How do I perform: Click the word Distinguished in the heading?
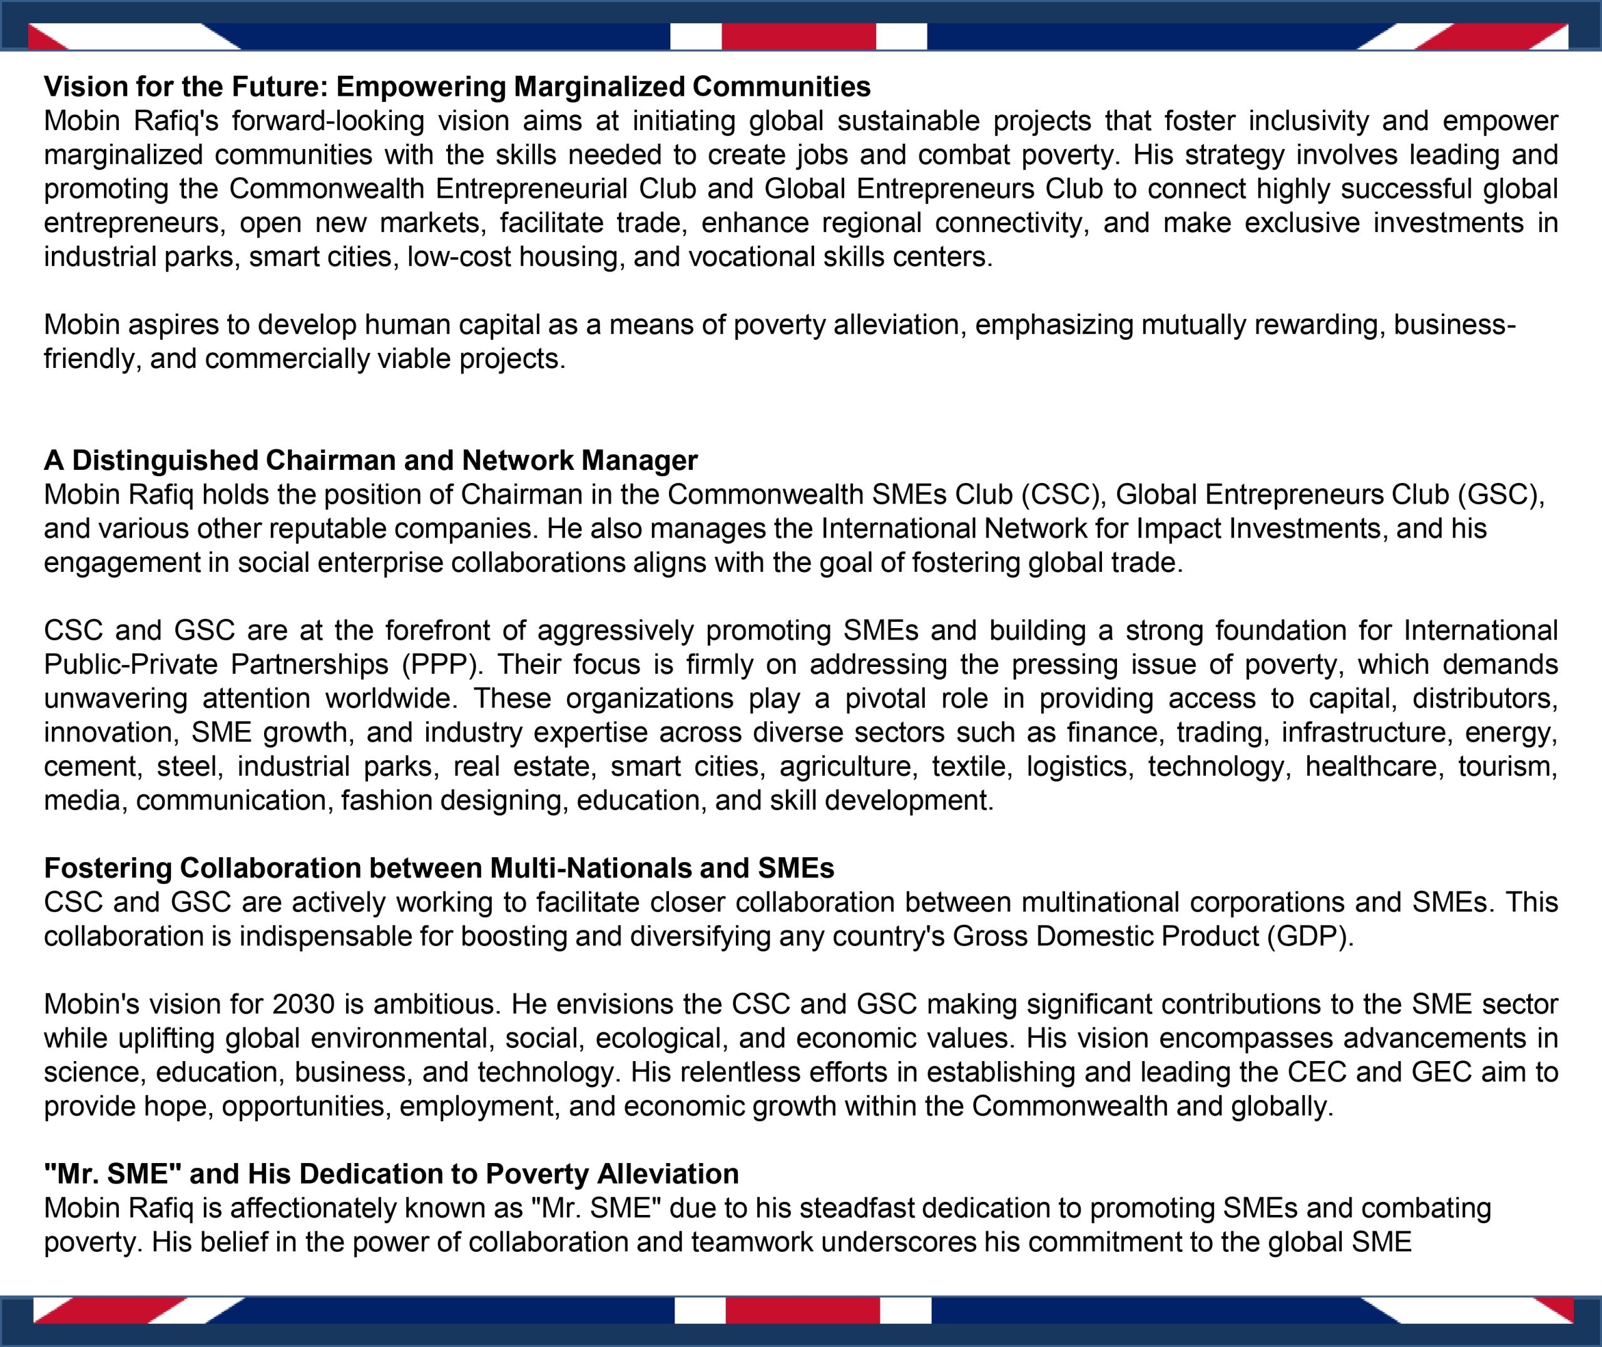point(165,460)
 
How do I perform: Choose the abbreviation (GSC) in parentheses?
point(1501,495)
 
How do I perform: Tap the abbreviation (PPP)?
point(443,664)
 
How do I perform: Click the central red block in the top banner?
point(798,36)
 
